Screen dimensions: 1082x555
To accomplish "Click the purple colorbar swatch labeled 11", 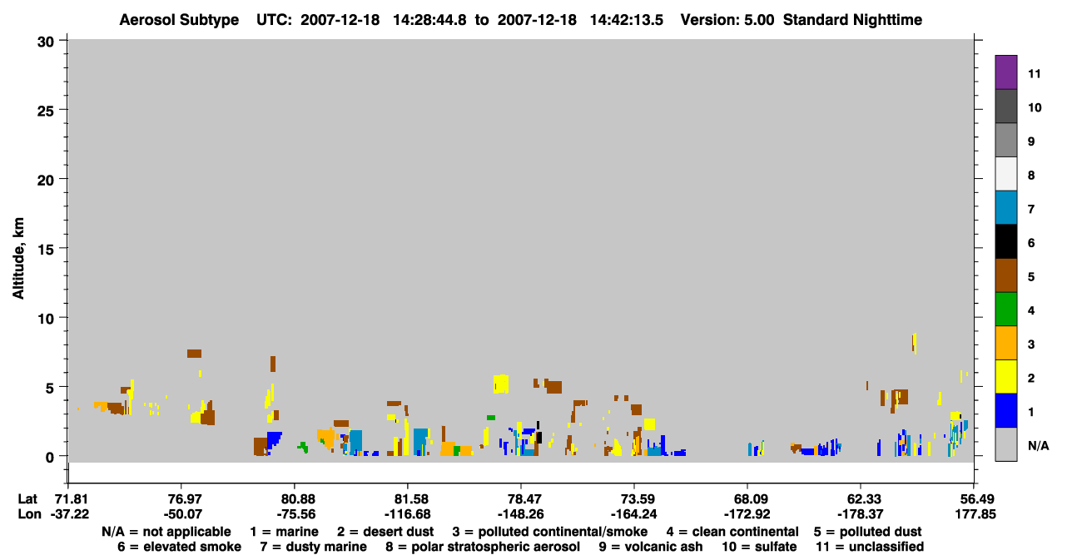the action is pos(1005,72).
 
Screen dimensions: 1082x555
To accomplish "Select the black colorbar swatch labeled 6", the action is pos(1005,241).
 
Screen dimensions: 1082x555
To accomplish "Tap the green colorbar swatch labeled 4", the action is pos(1005,310).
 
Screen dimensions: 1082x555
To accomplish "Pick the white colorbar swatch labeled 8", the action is pos(1005,174).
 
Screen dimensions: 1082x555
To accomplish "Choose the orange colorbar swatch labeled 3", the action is pos(1005,343).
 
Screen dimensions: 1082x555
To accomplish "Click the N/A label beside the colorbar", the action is pos(1038,445).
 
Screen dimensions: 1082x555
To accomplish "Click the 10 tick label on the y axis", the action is pos(46,319).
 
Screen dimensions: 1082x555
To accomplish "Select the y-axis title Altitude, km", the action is pos(18,259).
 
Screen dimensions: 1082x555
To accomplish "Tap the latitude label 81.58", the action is pos(408,499).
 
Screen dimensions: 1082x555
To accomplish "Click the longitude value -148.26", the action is pos(521,514).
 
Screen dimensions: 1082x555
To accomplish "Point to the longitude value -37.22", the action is pos(70,514).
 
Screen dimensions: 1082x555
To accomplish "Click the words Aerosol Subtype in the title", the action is pos(179,20).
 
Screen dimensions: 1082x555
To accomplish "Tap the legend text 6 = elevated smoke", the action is pos(179,547).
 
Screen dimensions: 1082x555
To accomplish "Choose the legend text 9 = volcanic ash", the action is pos(651,547).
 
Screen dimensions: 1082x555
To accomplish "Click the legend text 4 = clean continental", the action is pos(732,532).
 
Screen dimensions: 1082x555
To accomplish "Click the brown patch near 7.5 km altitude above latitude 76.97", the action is pos(194,354).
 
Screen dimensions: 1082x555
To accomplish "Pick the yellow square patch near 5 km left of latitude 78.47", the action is pos(501,384).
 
